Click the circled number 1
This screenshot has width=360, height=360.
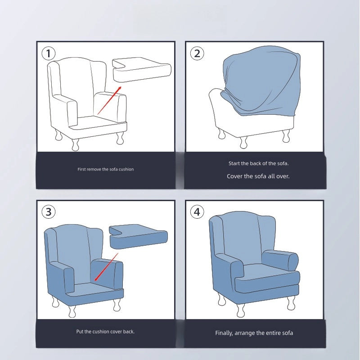tap(49, 53)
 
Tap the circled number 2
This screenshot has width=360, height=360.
tap(197, 53)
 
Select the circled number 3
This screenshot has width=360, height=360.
tap(49, 211)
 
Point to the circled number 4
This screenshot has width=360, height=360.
tap(197, 211)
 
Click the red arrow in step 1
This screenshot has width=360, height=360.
tap(109, 100)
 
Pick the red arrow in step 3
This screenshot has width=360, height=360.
tap(106, 267)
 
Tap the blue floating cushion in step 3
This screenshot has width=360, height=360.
tap(138, 237)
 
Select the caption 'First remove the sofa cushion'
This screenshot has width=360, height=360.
tap(106, 169)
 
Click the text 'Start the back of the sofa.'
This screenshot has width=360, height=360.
tap(258, 163)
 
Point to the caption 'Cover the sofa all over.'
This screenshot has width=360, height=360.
tap(258, 176)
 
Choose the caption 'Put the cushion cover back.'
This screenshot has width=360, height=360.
tap(105, 332)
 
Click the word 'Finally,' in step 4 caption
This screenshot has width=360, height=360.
tap(224, 333)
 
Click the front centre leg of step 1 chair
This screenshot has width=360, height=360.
tap(75, 144)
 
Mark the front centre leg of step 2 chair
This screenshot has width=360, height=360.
tap(243, 143)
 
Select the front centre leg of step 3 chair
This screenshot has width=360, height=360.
tap(72, 311)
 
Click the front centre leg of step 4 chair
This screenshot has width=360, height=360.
tap(241, 310)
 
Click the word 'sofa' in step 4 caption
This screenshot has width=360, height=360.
tap(287, 333)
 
